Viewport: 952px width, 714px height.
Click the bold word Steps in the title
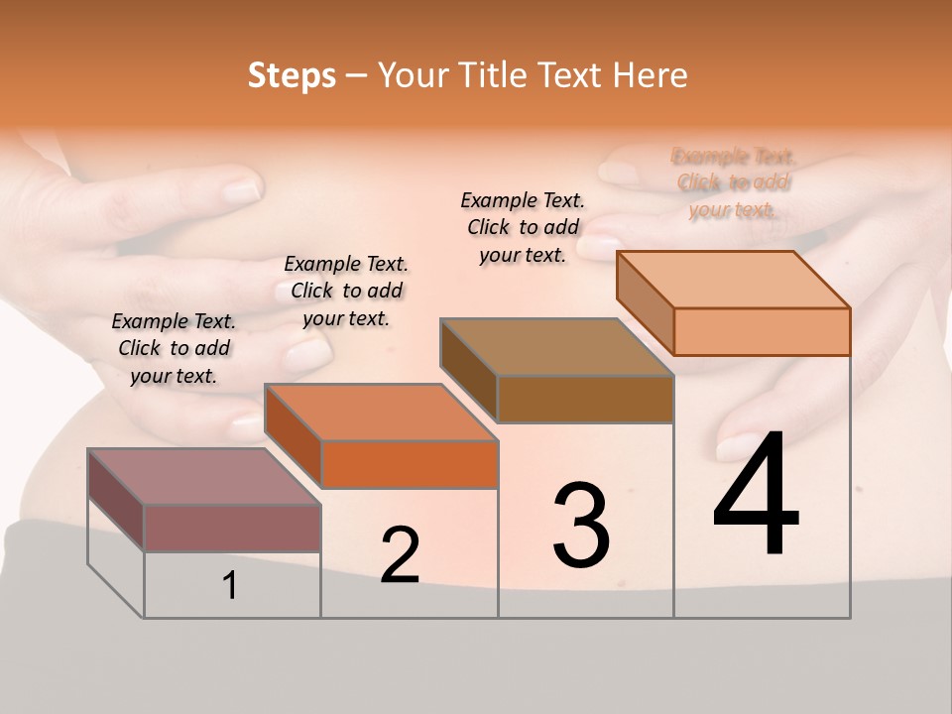click(x=292, y=75)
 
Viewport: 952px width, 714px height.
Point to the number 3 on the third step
click(x=581, y=525)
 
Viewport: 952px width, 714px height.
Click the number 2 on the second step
click(x=401, y=555)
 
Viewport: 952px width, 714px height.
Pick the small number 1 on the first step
click(x=230, y=586)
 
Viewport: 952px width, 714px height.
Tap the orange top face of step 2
click(x=381, y=412)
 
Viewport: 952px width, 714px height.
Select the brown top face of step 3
click(x=555, y=347)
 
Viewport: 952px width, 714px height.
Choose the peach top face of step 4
click(x=734, y=279)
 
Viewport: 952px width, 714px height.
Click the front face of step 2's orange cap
click(x=410, y=464)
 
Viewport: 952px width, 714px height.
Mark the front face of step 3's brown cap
click(x=585, y=399)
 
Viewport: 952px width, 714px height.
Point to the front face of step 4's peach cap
click(x=762, y=331)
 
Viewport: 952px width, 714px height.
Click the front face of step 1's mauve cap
click(x=232, y=528)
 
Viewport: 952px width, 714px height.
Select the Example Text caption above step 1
click(x=174, y=348)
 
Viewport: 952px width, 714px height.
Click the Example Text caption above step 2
click(x=346, y=291)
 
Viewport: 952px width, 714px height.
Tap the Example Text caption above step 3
click(x=523, y=227)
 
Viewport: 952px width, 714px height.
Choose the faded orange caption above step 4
click(x=733, y=182)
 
